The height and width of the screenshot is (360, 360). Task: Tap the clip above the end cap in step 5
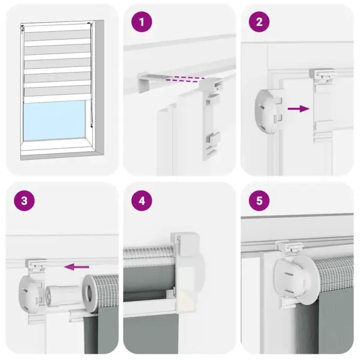tap(289, 247)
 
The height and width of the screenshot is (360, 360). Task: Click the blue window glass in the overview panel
tap(56, 120)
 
